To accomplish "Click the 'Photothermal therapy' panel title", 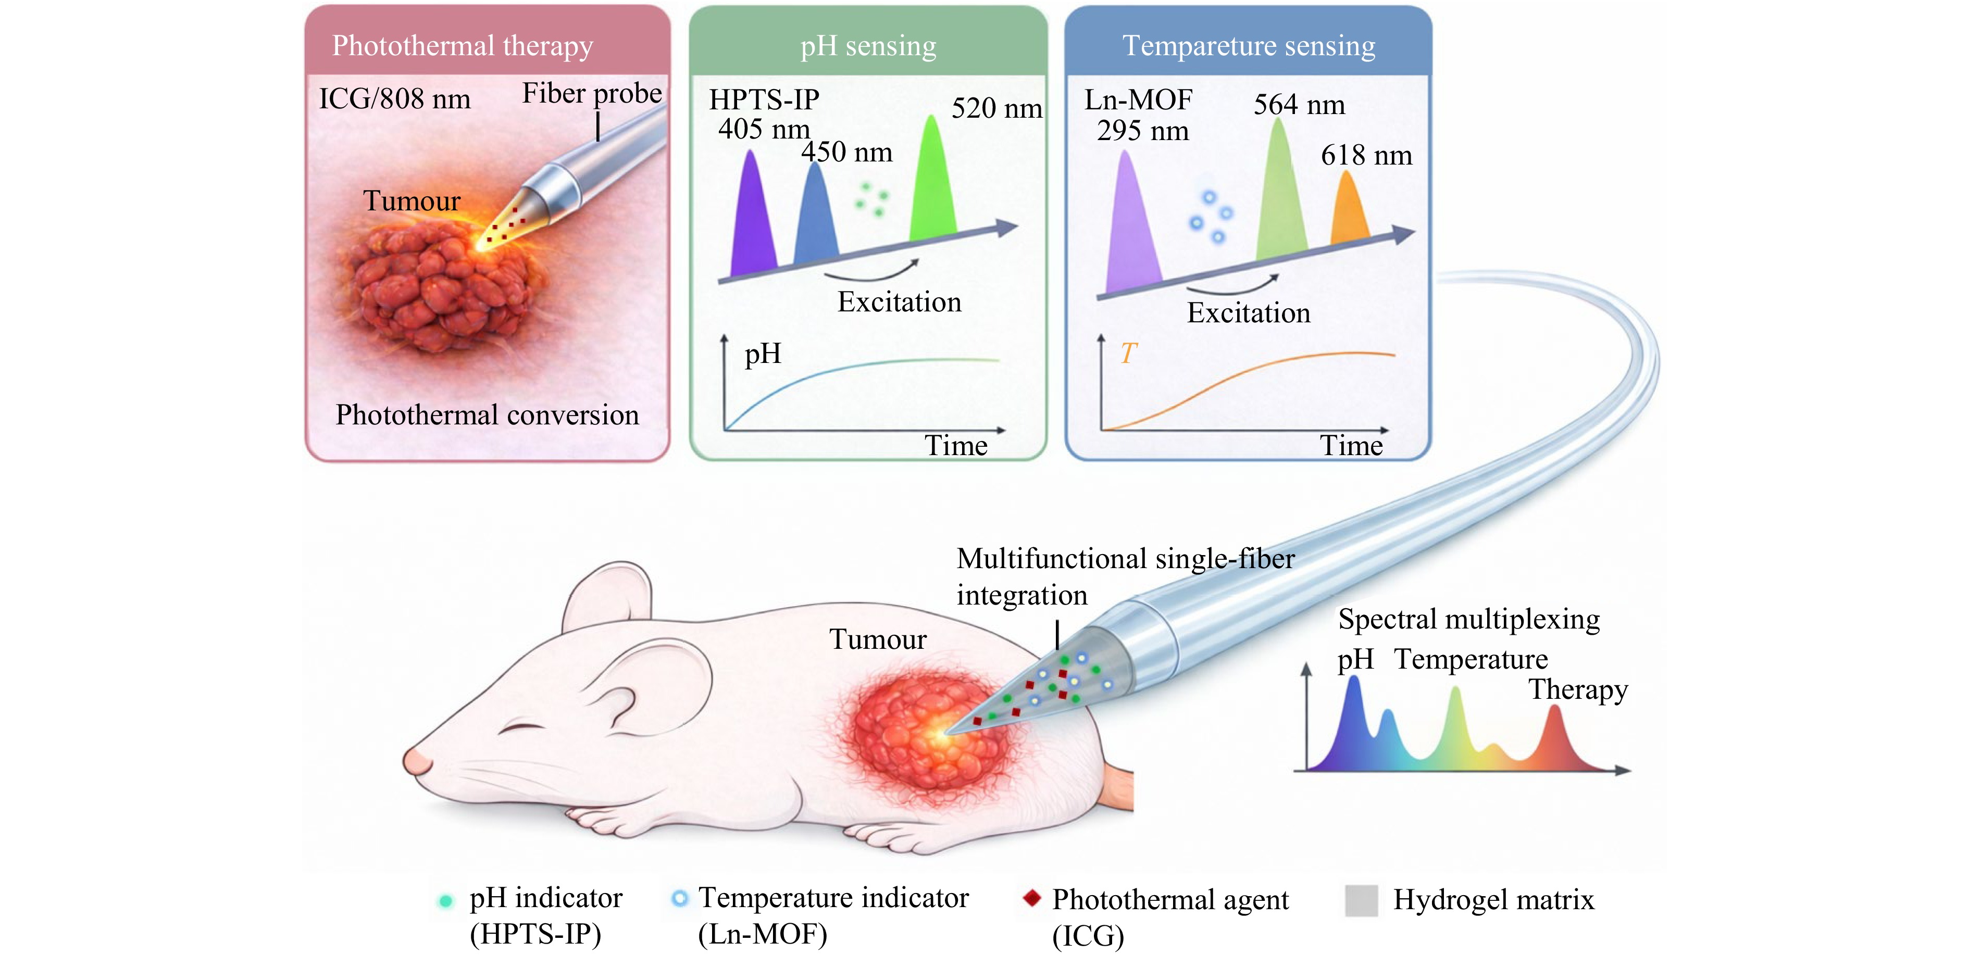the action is tap(463, 46).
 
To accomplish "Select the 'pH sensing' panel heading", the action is tap(868, 46).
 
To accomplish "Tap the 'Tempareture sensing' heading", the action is tap(1249, 46).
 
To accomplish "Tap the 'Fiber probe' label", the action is tap(592, 93).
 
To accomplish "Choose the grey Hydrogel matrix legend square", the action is tap(1361, 900).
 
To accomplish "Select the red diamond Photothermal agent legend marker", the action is tap(1032, 898).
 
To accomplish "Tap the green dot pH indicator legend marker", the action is tap(445, 901).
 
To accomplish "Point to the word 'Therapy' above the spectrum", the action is tap(1578, 690).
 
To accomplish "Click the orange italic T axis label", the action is tap(1128, 353).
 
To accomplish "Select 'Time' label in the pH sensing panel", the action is tap(955, 445).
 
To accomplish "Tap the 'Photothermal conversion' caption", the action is tap(487, 415).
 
